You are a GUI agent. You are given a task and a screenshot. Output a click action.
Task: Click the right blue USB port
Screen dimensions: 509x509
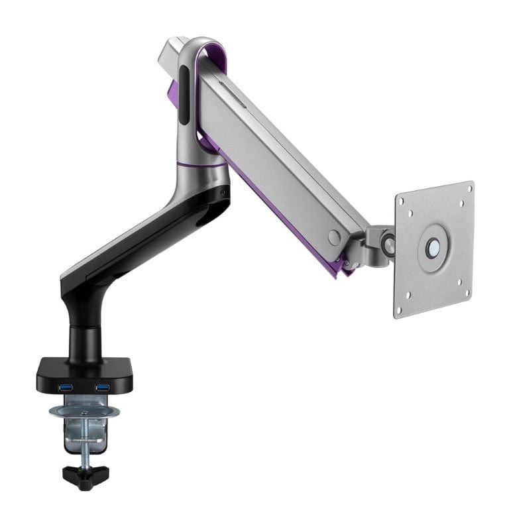102,387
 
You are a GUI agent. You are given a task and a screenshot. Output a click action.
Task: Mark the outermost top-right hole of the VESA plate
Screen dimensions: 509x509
469,189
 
